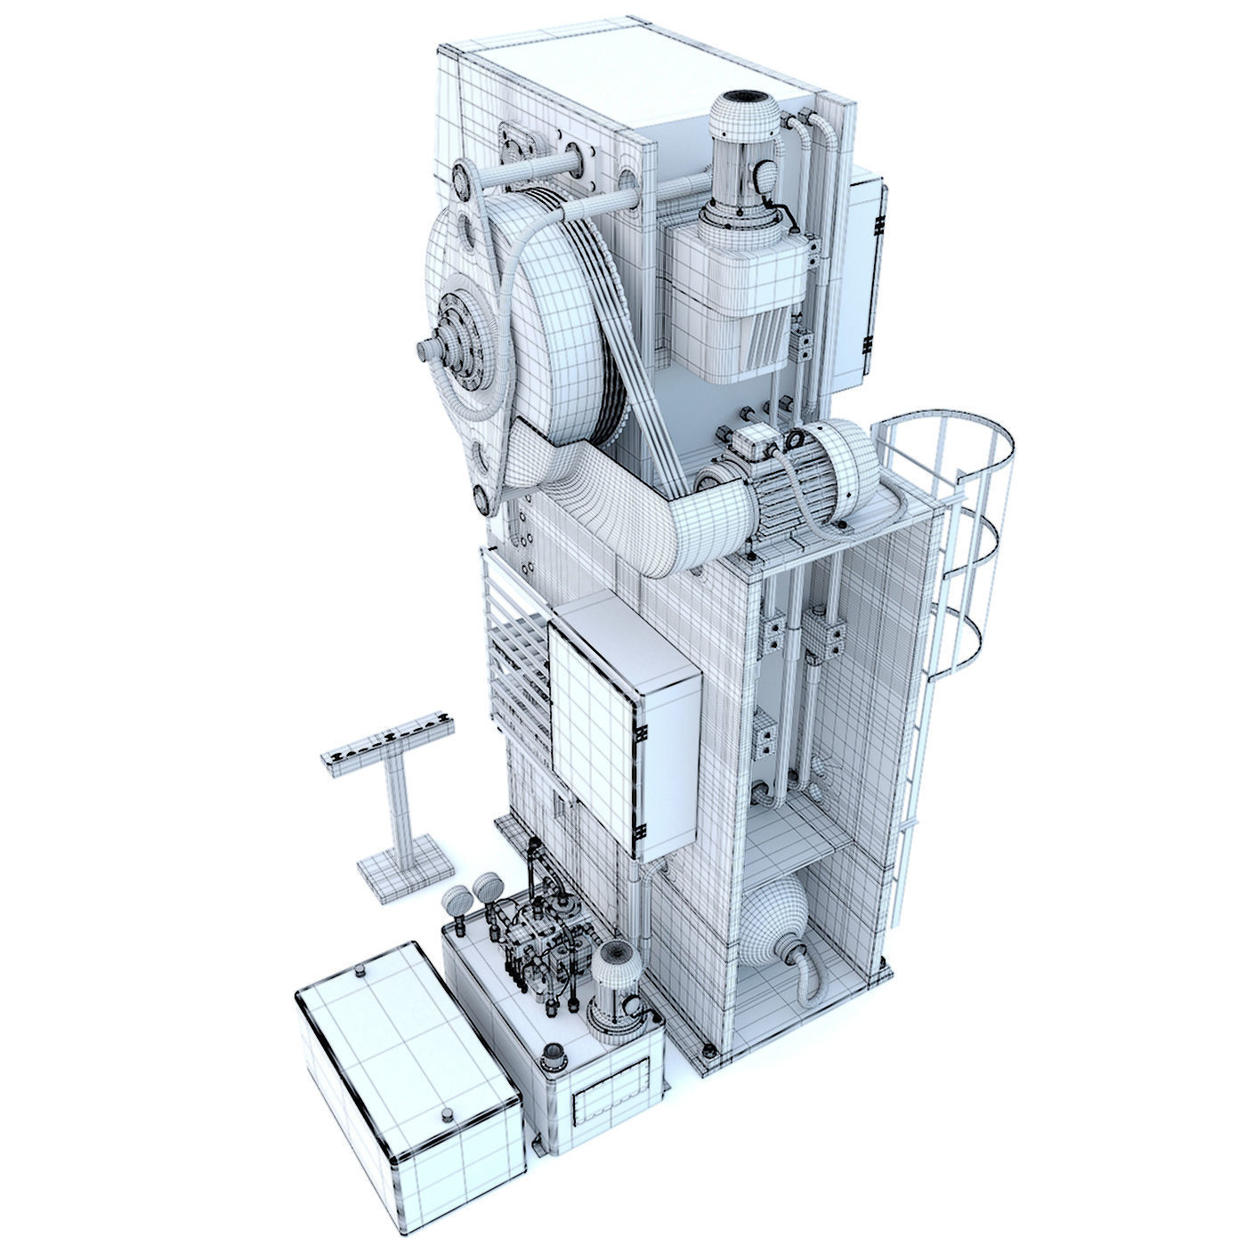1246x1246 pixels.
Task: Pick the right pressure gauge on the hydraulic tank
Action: click(x=487, y=886)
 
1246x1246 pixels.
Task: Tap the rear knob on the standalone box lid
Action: click(x=359, y=970)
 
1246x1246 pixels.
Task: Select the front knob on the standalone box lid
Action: click(x=444, y=1114)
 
